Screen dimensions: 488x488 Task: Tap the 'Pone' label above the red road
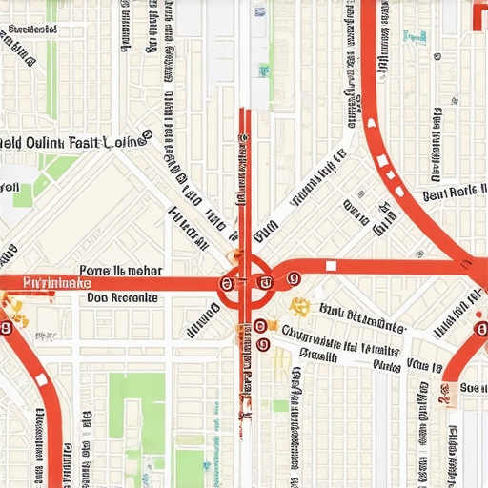click(94, 270)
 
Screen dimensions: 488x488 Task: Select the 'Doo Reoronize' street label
click(122, 297)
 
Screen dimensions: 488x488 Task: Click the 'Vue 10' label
click(425, 364)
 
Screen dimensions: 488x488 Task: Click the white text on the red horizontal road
click(56, 283)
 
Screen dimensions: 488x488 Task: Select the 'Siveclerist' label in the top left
click(29, 30)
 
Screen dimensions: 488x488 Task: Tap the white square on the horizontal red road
click(331, 266)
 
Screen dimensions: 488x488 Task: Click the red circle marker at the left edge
click(6, 327)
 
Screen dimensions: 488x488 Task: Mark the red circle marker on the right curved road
click(480, 330)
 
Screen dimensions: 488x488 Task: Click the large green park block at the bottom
click(137, 411)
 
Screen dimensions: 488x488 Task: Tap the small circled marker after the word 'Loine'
click(147, 136)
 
